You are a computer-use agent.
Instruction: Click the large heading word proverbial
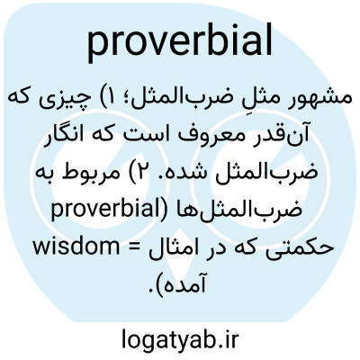(x=180, y=42)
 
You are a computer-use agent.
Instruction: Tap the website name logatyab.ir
(x=180, y=338)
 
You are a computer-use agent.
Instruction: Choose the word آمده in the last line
(x=186, y=283)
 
